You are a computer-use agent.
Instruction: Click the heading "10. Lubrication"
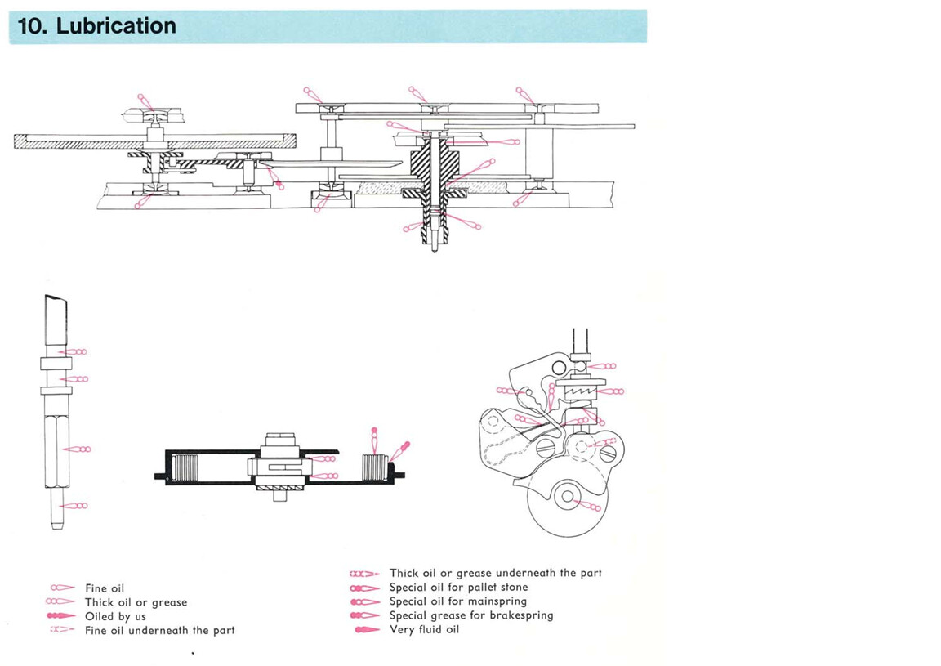tap(96, 26)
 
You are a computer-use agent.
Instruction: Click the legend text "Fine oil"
tap(105, 588)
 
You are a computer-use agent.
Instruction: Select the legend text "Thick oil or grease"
tap(136, 602)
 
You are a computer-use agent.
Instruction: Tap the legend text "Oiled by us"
tap(115, 616)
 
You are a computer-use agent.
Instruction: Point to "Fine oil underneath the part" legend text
tap(159, 630)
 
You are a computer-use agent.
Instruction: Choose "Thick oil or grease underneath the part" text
tap(495, 574)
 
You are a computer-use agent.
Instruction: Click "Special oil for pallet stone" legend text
tap(458, 588)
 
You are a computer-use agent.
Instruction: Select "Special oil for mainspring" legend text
tap(457, 601)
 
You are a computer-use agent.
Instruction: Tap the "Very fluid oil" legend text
tap(425, 629)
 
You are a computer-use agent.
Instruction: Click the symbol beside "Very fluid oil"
tap(367, 629)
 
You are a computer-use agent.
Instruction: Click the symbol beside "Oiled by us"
tap(62, 616)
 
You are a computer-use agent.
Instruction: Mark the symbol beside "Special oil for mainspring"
tap(365, 601)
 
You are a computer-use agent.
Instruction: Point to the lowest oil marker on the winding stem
tap(74, 506)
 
